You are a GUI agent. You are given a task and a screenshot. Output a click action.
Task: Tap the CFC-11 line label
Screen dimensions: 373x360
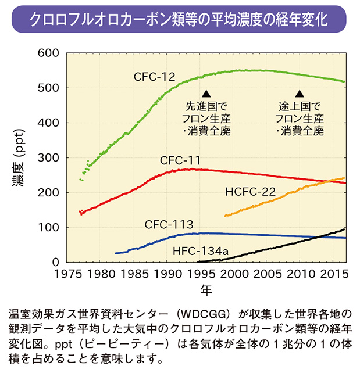(x=181, y=160)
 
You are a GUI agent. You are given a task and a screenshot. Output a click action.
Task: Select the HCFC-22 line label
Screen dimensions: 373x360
(x=251, y=191)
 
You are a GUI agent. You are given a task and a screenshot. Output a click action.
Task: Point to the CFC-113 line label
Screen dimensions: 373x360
(x=169, y=224)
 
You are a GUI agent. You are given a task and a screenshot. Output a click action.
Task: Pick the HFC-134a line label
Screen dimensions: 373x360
(x=200, y=252)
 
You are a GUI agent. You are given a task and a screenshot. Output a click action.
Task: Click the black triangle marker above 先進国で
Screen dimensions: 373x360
(x=206, y=94)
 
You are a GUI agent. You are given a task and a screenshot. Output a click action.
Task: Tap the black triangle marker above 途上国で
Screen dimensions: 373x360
(x=300, y=94)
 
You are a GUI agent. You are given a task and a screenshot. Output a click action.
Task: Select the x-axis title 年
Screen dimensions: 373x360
(x=206, y=288)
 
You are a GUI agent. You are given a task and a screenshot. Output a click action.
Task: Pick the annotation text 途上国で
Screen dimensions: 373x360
(x=300, y=107)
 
